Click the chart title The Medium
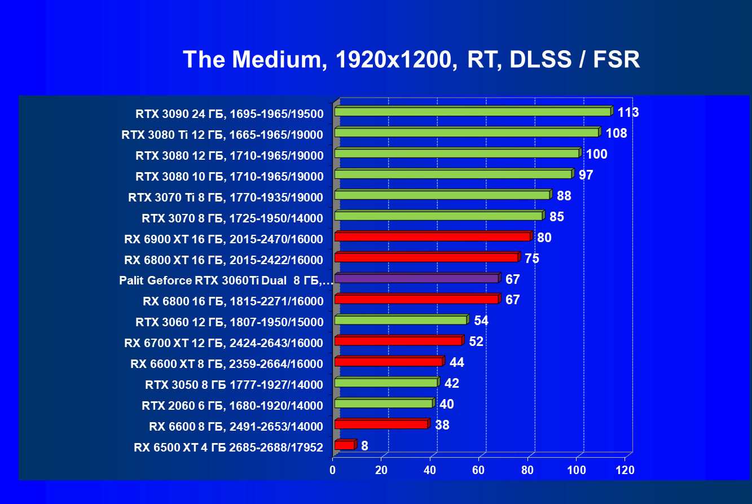click(x=411, y=59)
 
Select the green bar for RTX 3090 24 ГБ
click(x=473, y=112)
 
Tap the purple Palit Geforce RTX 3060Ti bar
click(x=416, y=278)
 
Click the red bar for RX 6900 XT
click(x=433, y=236)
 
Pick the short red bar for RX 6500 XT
click(x=345, y=445)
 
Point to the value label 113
click(x=628, y=112)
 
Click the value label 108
click(x=616, y=133)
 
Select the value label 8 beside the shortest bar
click(x=365, y=446)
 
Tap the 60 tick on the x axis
click(x=479, y=470)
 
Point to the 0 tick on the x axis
click(x=333, y=470)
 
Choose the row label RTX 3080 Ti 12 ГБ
click(x=222, y=135)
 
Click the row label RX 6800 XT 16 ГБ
click(x=223, y=260)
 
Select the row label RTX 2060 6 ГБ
click(x=232, y=405)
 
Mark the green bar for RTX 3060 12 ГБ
click(x=401, y=320)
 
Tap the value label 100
click(x=596, y=154)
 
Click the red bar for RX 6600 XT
click(x=388, y=362)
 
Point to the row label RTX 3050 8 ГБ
click(x=234, y=385)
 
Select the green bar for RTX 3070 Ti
click(x=442, y=195)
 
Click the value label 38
click(x=442, y=425)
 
